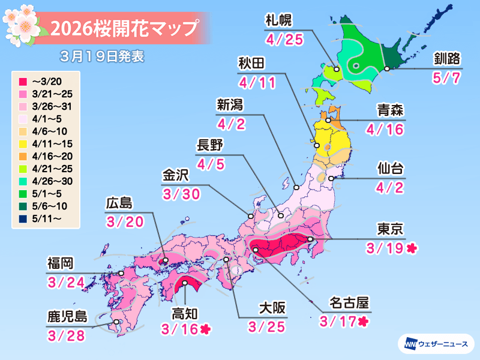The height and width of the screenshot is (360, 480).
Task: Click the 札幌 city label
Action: pyautogui.click(x=278, y=21)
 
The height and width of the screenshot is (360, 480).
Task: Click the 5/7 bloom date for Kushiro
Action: pyautogui.click(x=447, y=79)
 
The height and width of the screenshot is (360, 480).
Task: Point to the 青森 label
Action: pyautogui.click(x=390, y=110)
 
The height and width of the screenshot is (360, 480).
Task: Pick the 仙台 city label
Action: pyautogui.click(x=390, y=167)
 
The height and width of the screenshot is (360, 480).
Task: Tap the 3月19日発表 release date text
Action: pyautogui.click(x=102, y=58)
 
